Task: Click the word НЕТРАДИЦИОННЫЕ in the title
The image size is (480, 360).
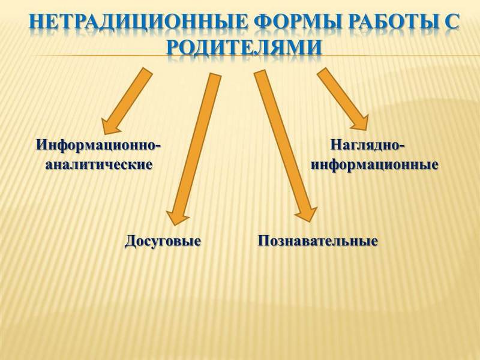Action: (137, 22)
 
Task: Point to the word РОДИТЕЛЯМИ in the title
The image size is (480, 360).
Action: (244, 47)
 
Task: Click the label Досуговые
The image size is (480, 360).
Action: (163, 241)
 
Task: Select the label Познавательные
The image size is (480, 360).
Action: (318, 241)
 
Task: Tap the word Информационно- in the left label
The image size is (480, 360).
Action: (98, 145)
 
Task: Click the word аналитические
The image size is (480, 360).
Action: (98, 165)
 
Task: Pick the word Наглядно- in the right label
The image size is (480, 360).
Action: (367, 145)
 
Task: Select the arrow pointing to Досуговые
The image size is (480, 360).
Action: (193, 149)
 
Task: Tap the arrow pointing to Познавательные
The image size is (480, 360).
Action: (286, 146)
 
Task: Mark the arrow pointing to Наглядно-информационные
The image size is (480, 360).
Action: (343, 98)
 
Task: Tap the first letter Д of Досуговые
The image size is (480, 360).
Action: (130, 242)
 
